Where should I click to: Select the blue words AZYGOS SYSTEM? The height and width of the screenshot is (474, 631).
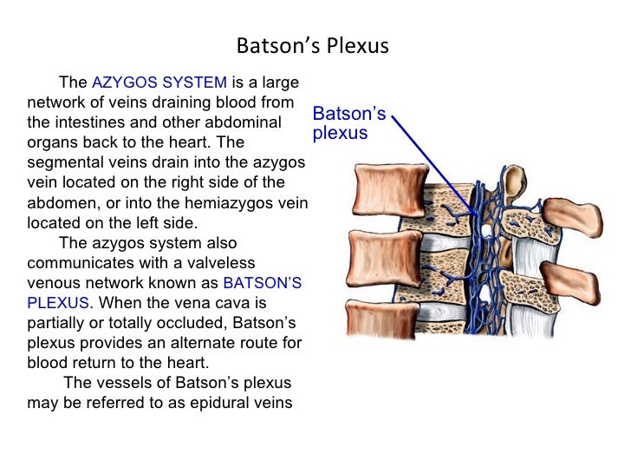click(x=159, y=83)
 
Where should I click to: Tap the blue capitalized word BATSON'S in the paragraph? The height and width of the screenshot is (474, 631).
click(x=263, y=283)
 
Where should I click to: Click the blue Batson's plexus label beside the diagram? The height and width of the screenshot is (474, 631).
click(x=348, y=123)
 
